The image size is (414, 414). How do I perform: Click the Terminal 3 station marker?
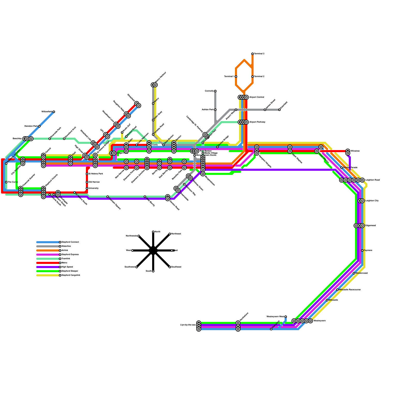click(253, 54)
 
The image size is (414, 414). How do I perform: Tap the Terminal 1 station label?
click(229, 77)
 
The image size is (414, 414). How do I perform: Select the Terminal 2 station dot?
click(253, 77)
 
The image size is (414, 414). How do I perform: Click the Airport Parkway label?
click(257, 122)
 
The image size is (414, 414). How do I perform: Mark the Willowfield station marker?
click(54, 112)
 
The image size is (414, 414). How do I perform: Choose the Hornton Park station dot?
click(39, 126)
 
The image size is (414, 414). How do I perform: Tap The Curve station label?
click(13, 182)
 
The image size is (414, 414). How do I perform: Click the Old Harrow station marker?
click(87, 182)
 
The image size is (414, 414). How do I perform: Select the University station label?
click(93, 188)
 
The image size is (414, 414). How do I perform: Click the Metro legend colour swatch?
click(48, 263)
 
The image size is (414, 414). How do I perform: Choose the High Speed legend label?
click(67, 267)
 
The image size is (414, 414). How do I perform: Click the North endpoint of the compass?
click(153, 232)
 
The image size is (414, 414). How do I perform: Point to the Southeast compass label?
click(176, 267)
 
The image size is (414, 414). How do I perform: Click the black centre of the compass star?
click(153, 250)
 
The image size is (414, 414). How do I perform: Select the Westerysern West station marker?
click(286, 317)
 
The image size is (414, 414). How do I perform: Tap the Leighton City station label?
click(372, 201)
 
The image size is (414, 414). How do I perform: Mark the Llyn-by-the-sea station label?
click(188, 325)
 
